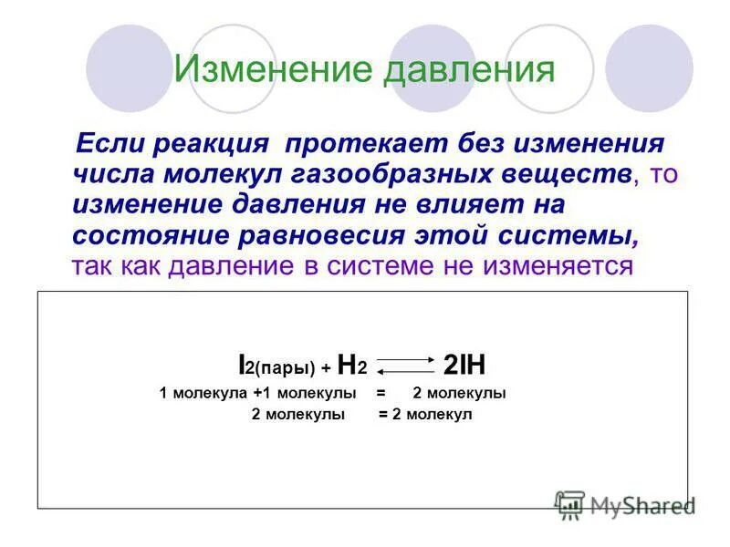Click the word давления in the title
click(x=470, y=70)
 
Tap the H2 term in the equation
click(x=351, y=367)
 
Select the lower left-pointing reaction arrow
click(x=407, y=372)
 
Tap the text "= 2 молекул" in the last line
click(x=425, y=414)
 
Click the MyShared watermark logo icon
click(x=570, y=504)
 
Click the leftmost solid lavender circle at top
click(x=128, y=67)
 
